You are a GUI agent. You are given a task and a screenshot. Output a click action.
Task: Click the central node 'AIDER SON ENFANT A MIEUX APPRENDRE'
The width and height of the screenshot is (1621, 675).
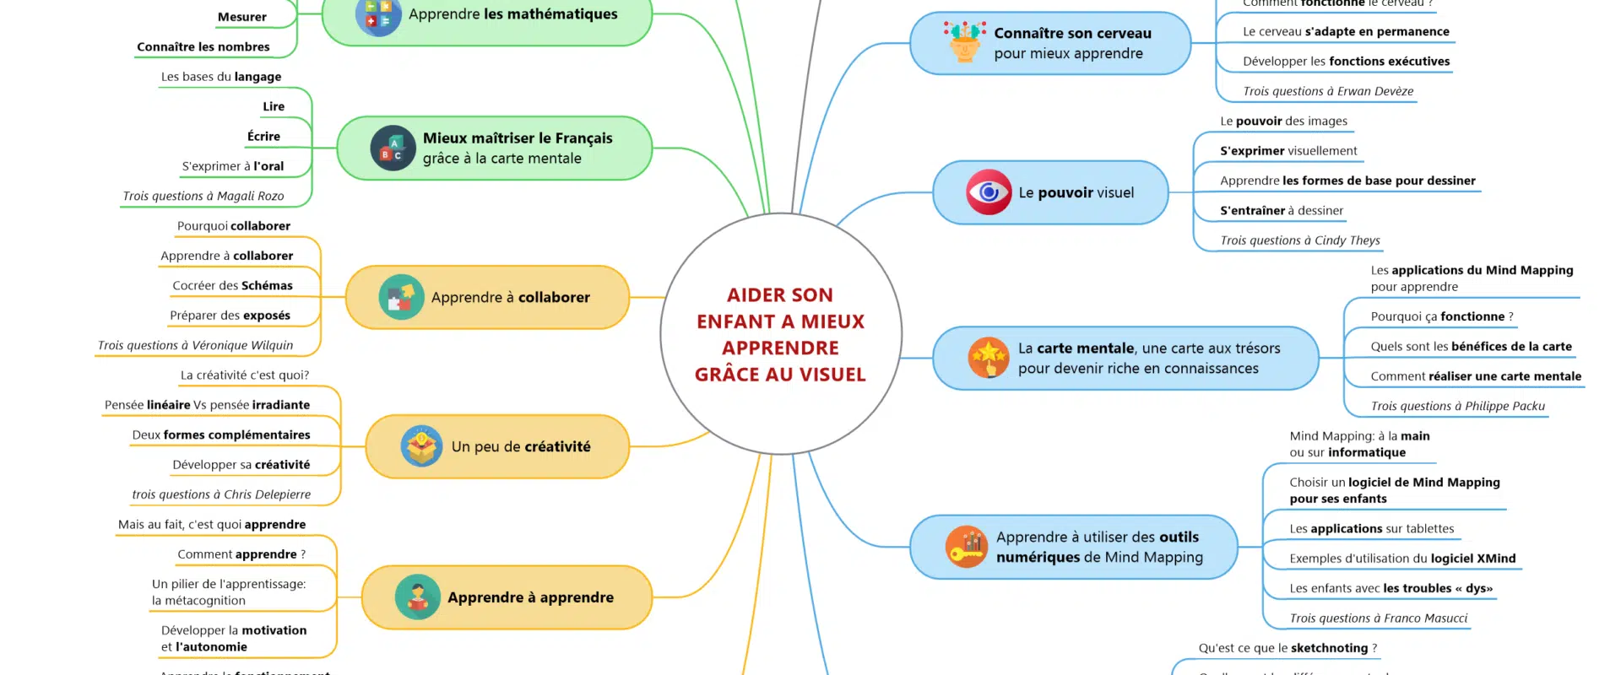pos(781,334)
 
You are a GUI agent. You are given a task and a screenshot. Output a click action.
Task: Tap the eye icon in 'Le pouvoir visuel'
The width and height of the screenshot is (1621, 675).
pos(989,192)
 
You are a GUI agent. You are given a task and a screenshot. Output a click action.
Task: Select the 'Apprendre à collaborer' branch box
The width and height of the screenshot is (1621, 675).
pos(487,297)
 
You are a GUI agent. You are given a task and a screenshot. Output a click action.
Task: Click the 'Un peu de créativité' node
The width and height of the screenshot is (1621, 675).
pos(497,446)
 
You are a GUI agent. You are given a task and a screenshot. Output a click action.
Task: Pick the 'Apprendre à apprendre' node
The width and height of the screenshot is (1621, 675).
pos(507,597)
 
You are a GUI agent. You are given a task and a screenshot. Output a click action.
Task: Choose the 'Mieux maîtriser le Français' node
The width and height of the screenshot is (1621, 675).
pos(495,148)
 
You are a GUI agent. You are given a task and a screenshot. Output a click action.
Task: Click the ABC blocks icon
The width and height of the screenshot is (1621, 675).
pos(393,148)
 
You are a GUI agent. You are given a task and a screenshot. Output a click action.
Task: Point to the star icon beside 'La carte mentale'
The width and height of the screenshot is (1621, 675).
pos(989,358)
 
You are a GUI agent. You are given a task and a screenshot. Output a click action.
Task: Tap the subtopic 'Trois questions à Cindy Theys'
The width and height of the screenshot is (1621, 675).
pos(1299,240)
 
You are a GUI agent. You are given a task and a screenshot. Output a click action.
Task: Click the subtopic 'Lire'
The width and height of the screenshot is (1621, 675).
pos(274,106)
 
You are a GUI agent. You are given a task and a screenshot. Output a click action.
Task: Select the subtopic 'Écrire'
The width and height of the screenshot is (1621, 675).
pos(263,137)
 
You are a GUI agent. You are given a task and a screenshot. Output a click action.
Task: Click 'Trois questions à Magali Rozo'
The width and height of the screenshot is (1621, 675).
pos(203,196)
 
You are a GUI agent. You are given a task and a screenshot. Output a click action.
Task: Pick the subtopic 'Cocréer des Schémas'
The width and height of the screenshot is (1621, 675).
pos(232,286)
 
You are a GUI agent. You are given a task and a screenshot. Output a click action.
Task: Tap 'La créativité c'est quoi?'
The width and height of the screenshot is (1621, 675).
pos(245,375)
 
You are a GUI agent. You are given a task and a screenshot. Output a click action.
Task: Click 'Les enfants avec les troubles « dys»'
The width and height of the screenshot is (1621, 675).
pos(1391,588)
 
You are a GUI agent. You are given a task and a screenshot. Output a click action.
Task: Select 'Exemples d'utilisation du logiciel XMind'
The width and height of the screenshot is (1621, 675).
pos(1402,559)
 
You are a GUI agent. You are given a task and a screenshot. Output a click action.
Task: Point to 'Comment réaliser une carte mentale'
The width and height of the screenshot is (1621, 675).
pos(1476,376)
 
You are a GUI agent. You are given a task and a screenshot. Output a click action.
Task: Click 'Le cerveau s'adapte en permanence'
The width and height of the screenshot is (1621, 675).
pos(1346,32)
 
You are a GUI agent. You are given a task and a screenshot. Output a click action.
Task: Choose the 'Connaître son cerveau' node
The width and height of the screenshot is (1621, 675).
pos(1050,43)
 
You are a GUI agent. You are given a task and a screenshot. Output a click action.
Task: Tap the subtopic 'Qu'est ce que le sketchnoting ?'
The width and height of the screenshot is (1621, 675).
pos(1288,648)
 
